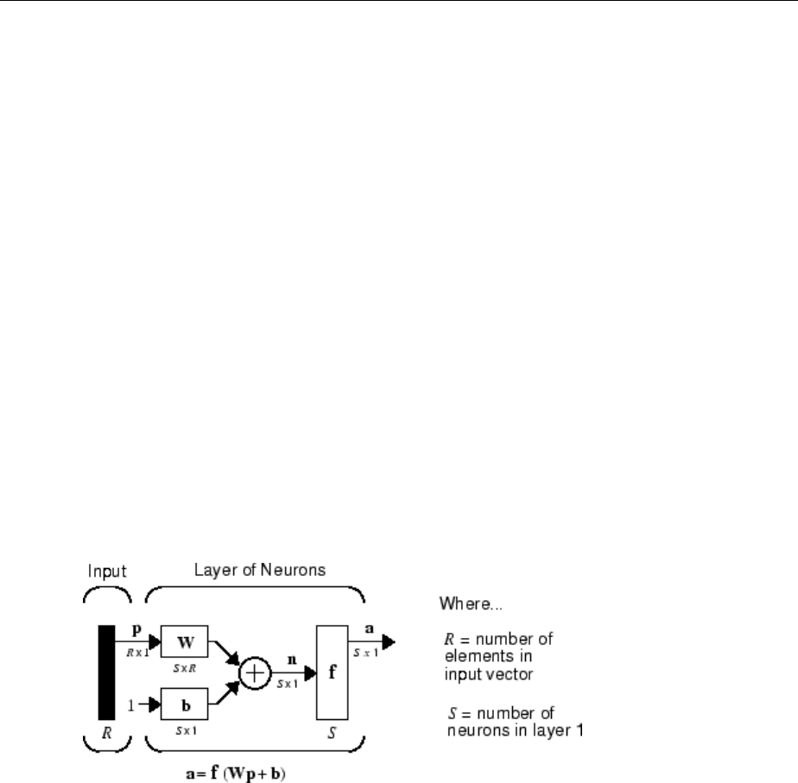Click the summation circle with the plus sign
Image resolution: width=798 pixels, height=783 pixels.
255,673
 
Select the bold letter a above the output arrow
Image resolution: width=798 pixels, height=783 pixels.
370,628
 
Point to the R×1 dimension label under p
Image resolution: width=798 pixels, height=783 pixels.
136,654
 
